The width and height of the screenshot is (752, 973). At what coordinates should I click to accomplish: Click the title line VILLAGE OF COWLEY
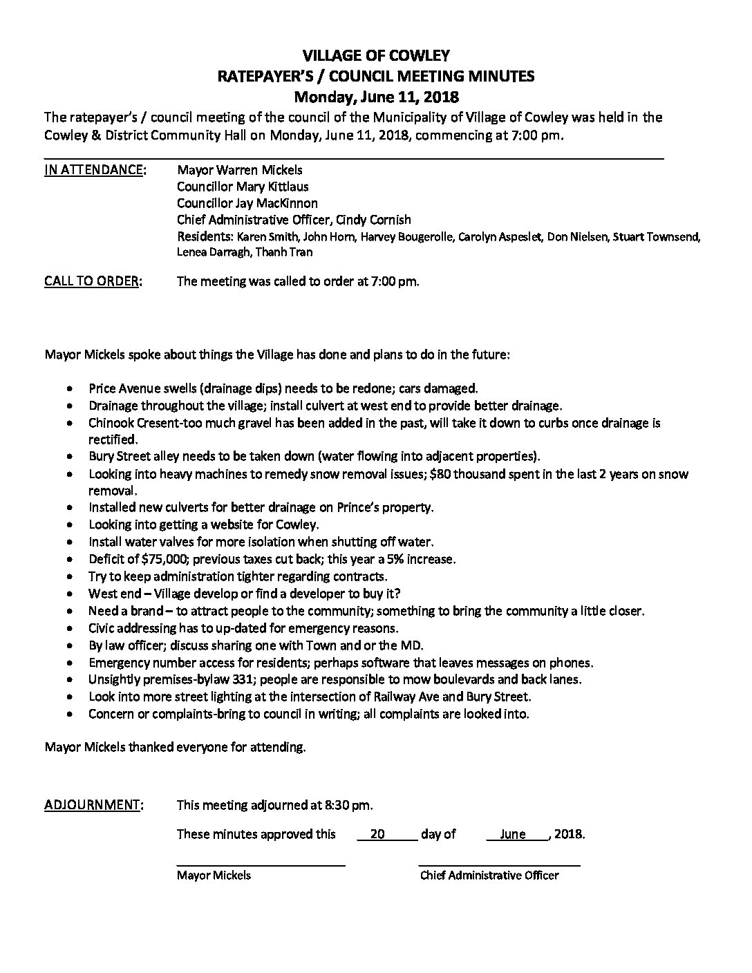point(377,55)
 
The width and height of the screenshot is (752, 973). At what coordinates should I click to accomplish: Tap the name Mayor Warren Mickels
point(239,170)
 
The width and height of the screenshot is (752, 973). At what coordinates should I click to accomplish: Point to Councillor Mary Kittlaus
point(243,187)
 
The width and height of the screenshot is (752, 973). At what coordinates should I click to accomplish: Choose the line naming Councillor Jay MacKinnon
point(247,203)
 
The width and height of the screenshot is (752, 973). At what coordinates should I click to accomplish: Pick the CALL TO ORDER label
point(93,281)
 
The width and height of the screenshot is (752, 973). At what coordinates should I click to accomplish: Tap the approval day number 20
point(377,834)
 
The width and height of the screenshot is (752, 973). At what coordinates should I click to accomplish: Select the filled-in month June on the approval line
point(512,834)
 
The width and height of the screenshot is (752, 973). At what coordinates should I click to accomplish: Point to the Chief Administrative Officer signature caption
point(489,876)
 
